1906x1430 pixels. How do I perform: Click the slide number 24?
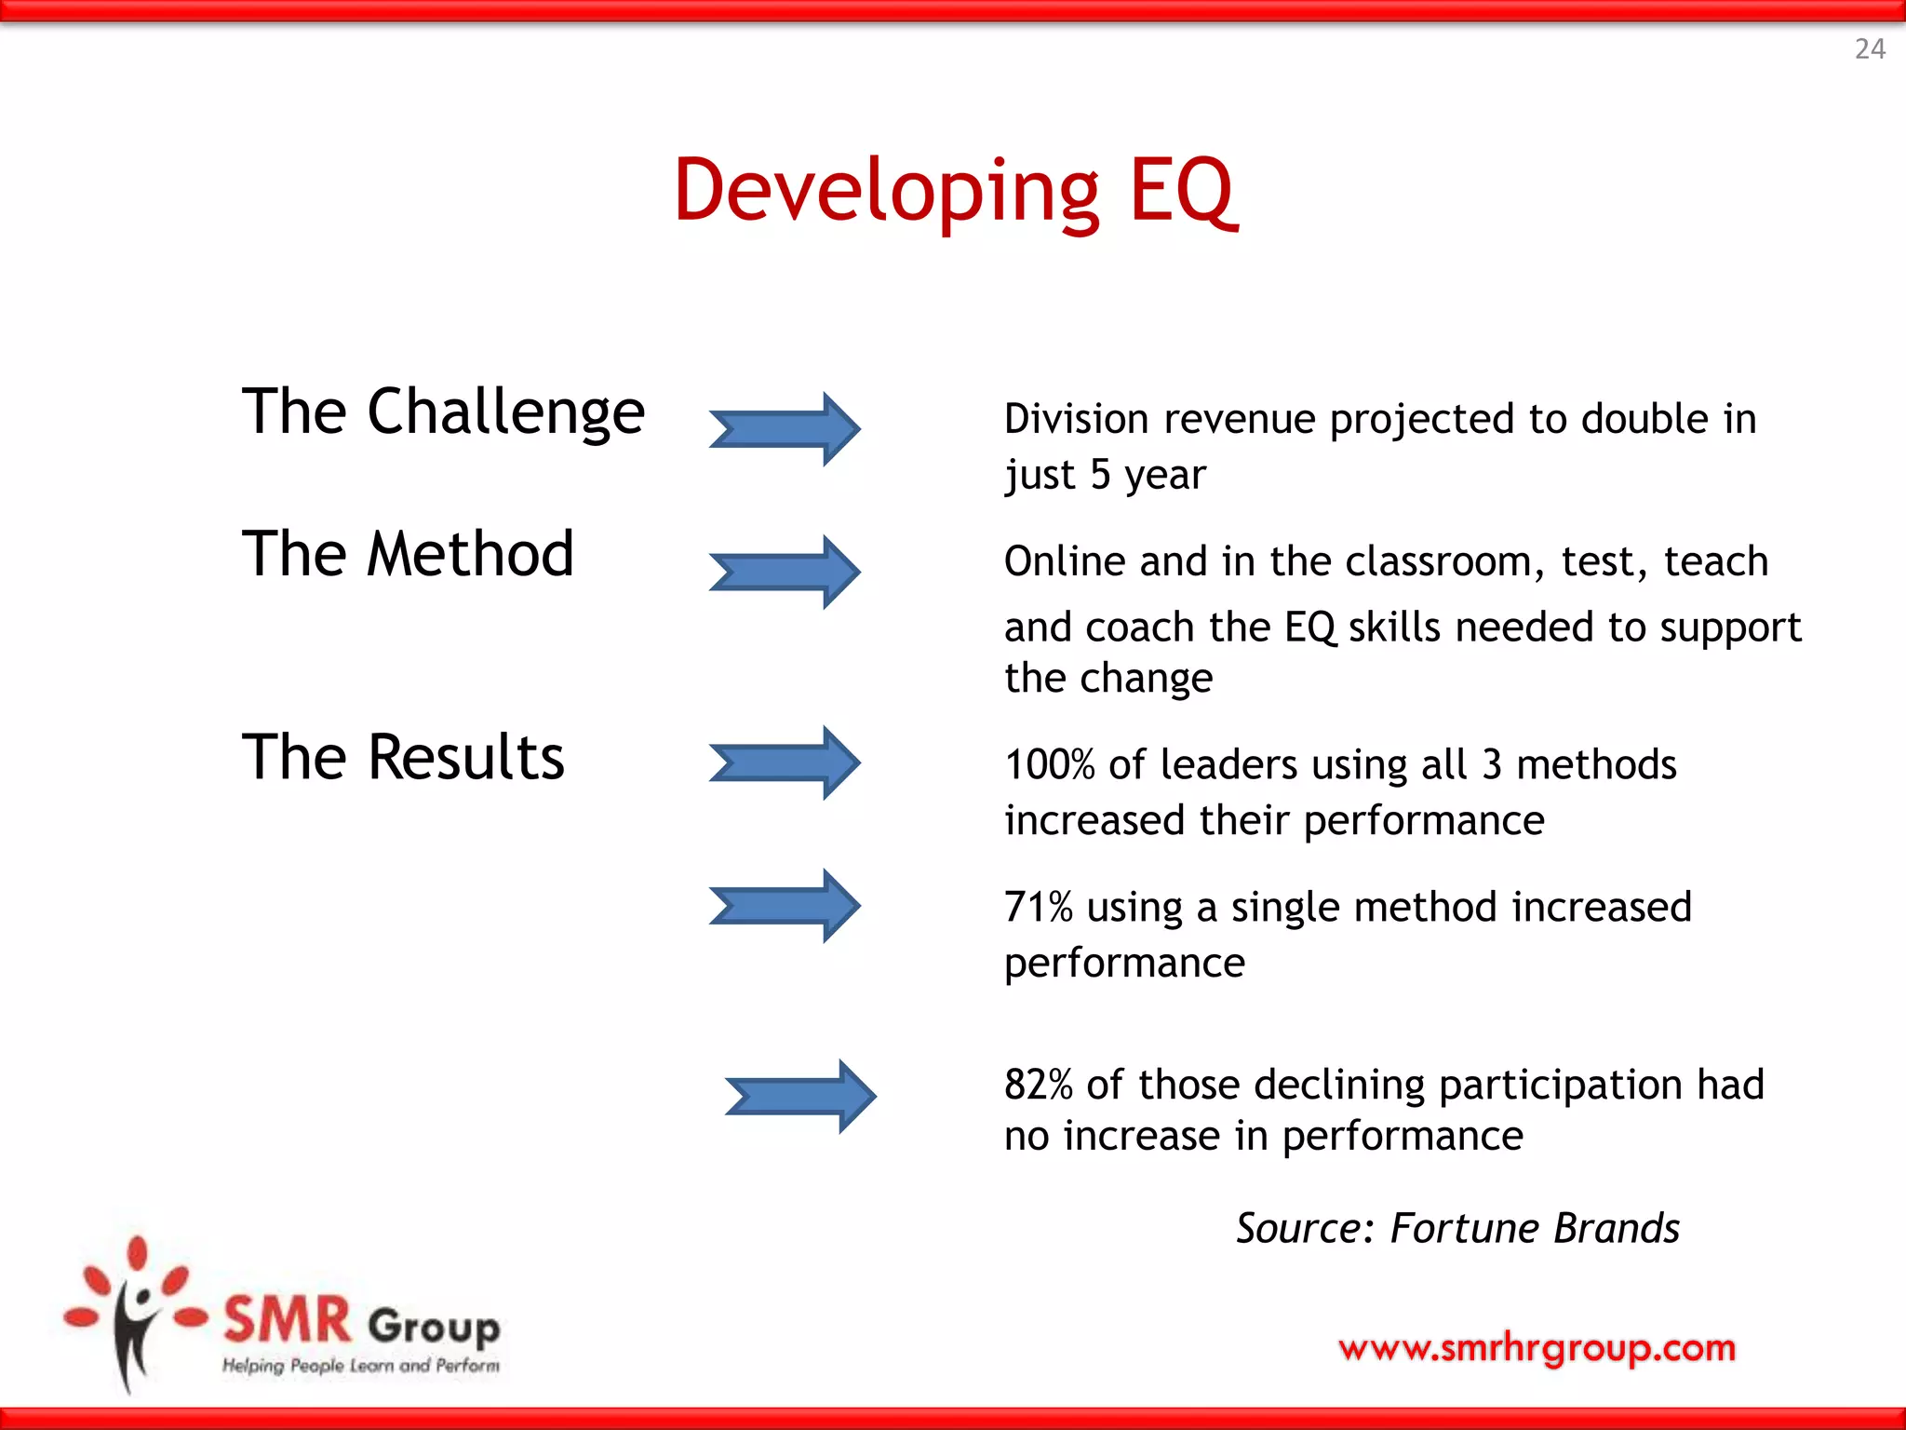click(x=1870, y=48)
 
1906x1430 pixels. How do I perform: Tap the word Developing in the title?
click(x=887, y=193)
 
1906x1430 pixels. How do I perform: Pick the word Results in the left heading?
click(x=466, y=757)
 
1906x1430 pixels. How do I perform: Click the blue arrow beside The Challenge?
click(x=785, y=429)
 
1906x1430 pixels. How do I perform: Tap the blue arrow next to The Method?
click(x=785, y=572)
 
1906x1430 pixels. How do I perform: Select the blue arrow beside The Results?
click(x=785, y=762)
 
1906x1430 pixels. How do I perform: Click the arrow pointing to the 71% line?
click(x=785, y=906)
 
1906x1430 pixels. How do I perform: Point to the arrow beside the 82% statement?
click(x=800, y=1096)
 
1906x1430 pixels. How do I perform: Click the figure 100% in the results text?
click(x=1049, y=765)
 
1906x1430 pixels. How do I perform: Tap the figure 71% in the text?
click(x=1038, y=908)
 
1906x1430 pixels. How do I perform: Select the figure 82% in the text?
click(x=1038, y=1086)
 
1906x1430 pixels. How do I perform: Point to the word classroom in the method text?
click(x=1438, y=562)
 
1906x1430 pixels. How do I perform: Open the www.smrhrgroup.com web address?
click(x=1537, y=1347)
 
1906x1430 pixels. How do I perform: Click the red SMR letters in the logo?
click(x=288, y=1320)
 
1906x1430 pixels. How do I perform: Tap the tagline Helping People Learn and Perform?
click(x=360, y=1366)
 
